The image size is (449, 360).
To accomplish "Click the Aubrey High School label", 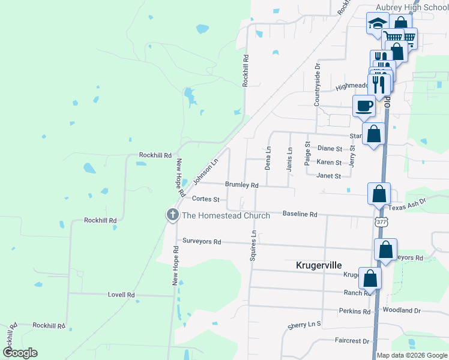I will coord(412,7).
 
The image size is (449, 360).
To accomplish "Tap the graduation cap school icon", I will coord(378,24).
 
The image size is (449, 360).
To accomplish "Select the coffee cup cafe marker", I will coord(364,107).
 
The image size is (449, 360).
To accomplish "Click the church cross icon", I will coord(173,215).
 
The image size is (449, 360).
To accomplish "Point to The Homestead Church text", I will coord(226,215).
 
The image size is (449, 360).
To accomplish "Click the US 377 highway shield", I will coord(382,222).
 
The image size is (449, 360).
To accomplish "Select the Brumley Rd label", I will coord(241,185).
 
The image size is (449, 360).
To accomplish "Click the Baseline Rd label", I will coord(300,214).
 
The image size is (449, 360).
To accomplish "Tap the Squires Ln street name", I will coord(253,245).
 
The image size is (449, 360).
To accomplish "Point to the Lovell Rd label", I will coord(121,295).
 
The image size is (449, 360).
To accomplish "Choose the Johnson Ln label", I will coord(205,172).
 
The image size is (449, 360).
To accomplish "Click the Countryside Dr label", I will coord(318,88).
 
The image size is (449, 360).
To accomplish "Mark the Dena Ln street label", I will coord(268,158).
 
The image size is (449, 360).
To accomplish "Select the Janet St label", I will coord(328,176).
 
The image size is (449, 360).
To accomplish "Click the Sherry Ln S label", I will coord(304,324).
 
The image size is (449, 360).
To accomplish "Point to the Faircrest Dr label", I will coord(352,341).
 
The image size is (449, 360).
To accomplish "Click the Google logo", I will coord(20,353).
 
